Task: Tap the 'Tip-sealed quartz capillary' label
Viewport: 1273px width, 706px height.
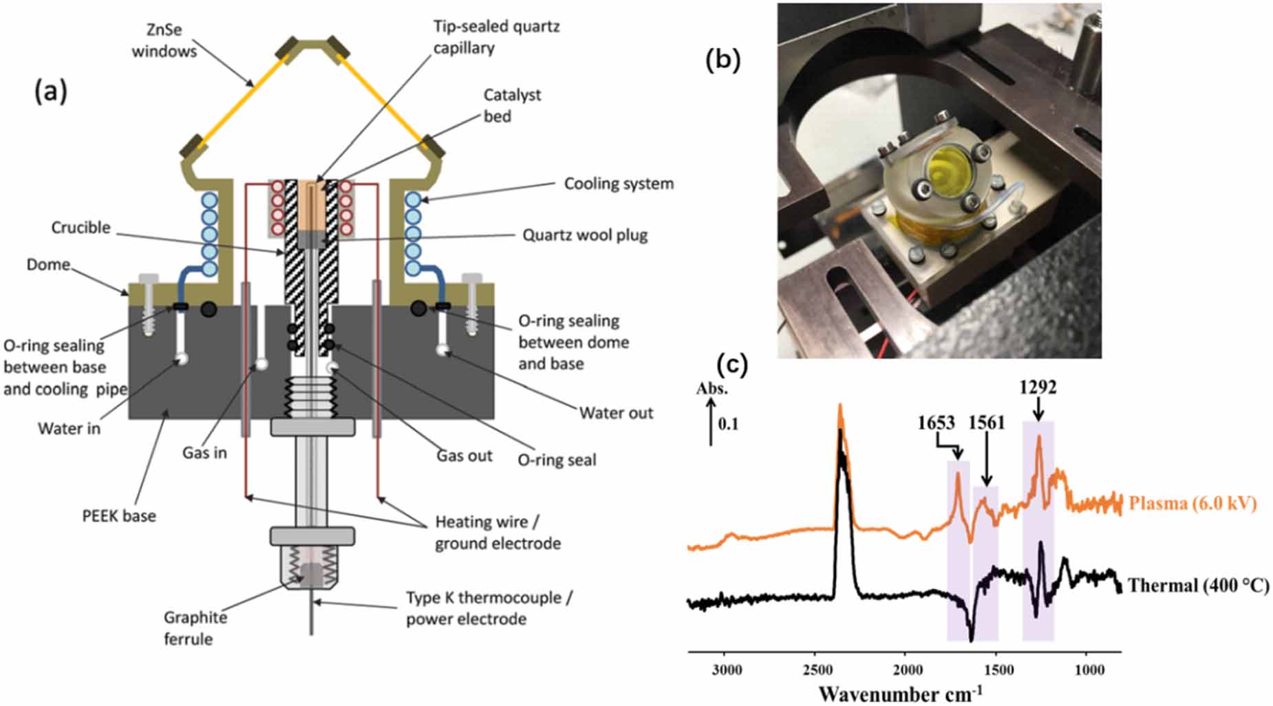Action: [x=495, y=37]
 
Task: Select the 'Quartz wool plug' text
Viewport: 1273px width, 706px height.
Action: [x=585, y=235]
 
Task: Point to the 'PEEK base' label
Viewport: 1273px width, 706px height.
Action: [x=118, y=515]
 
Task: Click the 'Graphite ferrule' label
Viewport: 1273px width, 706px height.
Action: [x=195, y=628]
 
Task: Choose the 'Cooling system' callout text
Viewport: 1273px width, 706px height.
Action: [x=619, y=184]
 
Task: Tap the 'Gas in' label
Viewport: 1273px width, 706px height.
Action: [x=204, y=453]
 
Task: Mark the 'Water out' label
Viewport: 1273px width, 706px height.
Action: [x=616, y=413]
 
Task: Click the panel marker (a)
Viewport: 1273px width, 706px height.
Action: [x=51, y=91]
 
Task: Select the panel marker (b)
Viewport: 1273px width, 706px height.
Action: [x=723, y=61]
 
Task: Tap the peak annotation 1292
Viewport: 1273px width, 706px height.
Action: [x=1038, y=387]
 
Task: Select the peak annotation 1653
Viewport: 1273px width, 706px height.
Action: [x=936, y=422]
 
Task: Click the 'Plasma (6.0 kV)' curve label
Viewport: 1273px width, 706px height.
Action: [x=1192, y=503]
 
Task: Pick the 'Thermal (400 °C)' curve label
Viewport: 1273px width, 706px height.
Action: [x=1198, y=586]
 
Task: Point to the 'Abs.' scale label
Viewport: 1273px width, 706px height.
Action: [x=712, y=388]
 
